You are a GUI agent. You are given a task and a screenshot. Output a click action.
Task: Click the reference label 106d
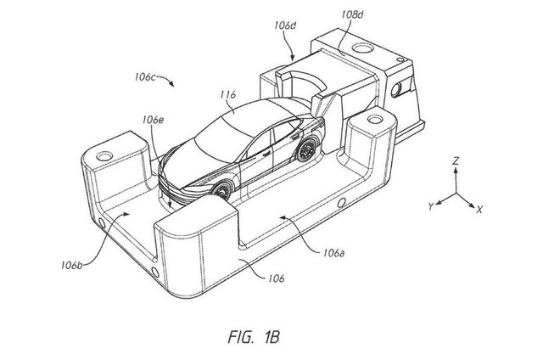click(286, 25)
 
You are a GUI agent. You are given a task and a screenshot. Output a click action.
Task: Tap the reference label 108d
click(352, 14)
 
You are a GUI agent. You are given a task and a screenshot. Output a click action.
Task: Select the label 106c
click(145, 76)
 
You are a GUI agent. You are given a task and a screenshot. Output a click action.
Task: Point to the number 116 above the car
click(228, 94)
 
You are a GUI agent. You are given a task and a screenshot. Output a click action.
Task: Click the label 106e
click(153, 120)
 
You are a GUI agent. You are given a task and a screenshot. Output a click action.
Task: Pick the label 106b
click(72, 266)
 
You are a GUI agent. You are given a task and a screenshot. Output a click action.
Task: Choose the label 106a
click(333, 253)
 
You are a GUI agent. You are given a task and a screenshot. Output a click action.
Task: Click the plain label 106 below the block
click(276, 278)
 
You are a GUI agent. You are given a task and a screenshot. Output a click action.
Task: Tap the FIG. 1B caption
click(254, 337)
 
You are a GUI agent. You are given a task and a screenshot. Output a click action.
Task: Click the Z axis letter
click(456, 160)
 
